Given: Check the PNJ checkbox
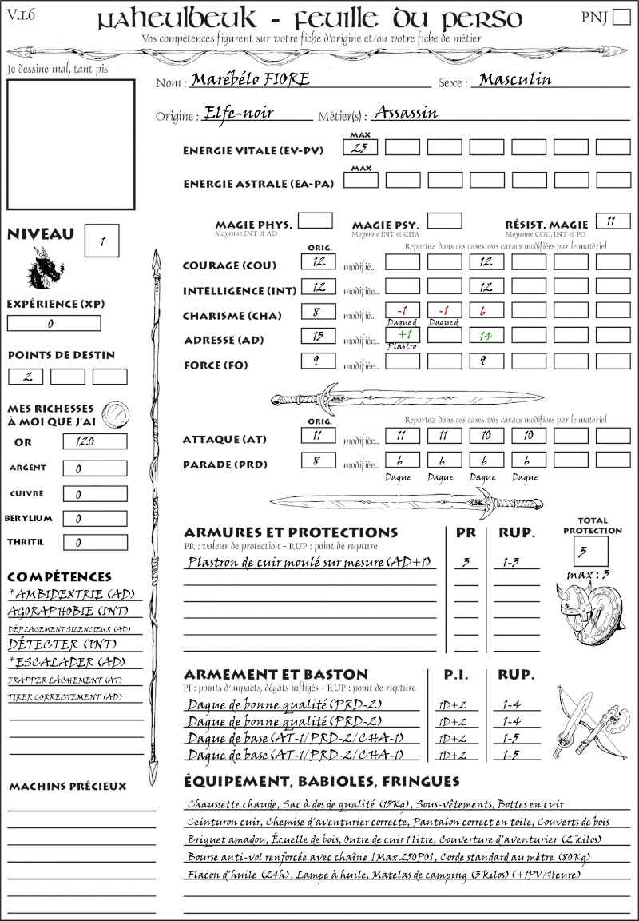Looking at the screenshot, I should tap(621, 18).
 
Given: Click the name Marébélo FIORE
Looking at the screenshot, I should tap(249, 80).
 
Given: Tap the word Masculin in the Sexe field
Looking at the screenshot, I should tap(515, 79).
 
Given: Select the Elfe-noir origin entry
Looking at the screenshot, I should tap(238, 113).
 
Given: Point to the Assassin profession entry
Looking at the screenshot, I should tap(406, 113).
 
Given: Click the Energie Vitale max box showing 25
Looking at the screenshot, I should tap(359, 147).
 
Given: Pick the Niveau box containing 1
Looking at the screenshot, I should tap(102, 239).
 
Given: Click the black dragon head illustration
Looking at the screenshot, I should tap(46, 267).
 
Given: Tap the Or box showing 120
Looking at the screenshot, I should tap(94, 441).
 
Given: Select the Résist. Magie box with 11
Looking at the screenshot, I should tap(612, 221).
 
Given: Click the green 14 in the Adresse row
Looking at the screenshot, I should tap(486, 337).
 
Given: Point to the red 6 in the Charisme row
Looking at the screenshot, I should tap(486, 311).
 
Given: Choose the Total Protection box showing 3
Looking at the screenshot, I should tap(591, 551).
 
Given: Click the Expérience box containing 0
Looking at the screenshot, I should tap(54, 324).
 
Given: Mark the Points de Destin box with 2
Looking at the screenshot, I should tap(26, 377).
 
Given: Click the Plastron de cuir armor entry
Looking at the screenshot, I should tap(309, 563).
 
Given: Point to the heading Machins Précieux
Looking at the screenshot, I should tap(67, 787).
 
